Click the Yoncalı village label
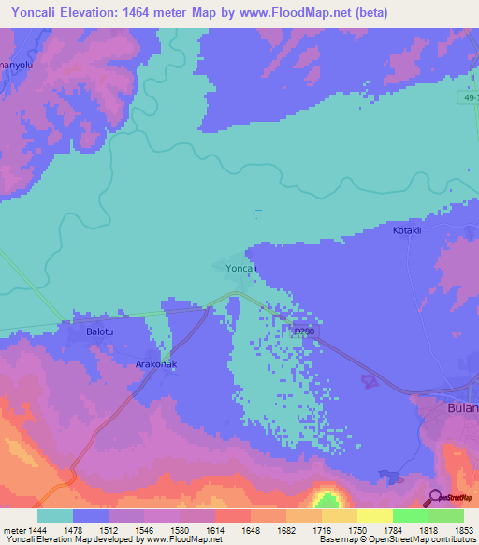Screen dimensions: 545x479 tap(240, 269)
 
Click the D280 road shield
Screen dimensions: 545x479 tap(301, 331)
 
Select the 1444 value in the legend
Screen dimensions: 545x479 tap(30, 530)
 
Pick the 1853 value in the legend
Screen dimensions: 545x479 tap(450, 530)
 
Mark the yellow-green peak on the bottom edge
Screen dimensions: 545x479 tap(327, 499)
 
